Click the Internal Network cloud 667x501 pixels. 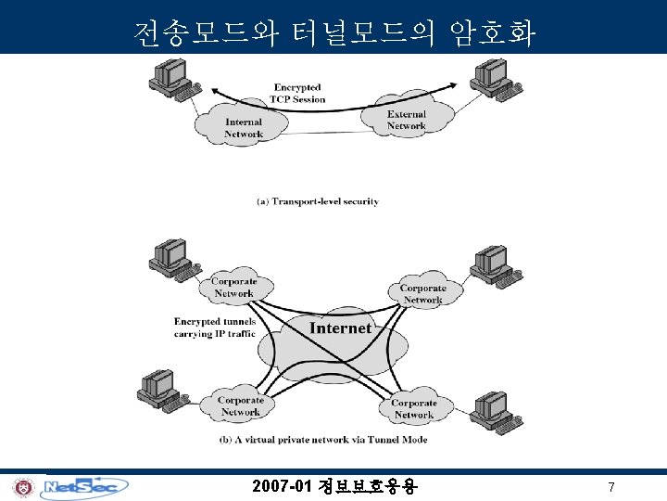(243, 127)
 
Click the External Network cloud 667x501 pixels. (406, 120)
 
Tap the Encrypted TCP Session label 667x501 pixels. (298, 93)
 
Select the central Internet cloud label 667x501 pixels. (340, 328)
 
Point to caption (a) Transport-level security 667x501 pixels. (317, 200)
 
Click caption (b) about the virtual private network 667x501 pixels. (323, 439)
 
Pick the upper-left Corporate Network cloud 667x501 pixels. (233, 288)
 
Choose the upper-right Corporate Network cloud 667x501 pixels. (422, 293)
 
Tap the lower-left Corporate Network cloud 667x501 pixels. (240, 406)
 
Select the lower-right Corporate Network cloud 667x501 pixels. (413, 408)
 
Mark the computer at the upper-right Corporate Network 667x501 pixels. (488, 263)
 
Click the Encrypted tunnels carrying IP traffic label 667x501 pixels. (214, 328)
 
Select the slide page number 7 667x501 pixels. (610, 487)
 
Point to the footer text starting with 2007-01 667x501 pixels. (334, 486)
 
